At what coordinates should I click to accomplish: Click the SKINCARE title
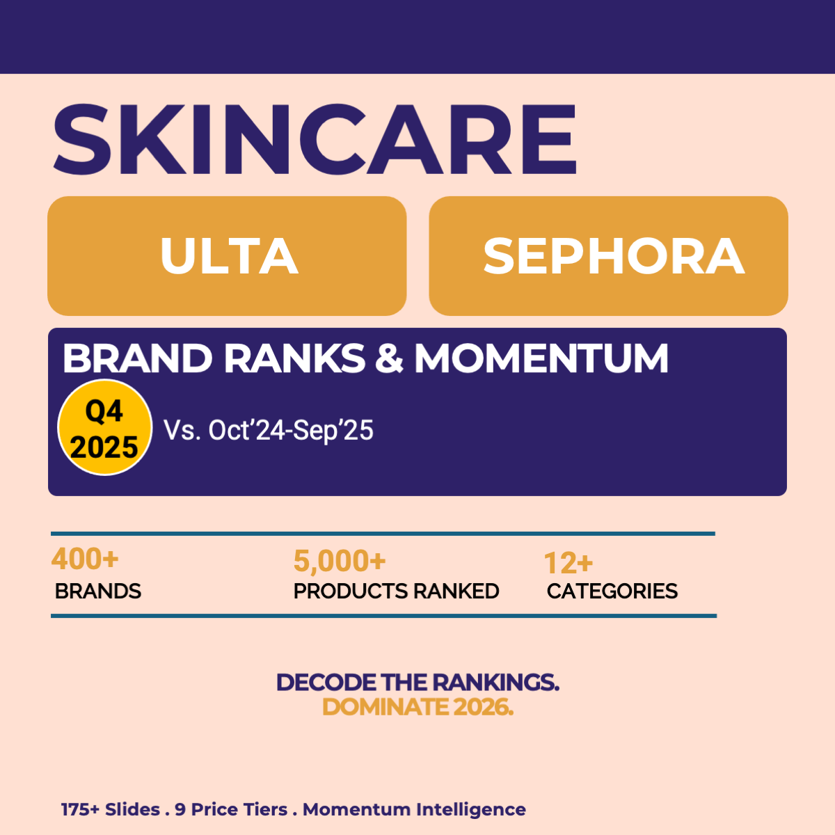[x=315, y=139]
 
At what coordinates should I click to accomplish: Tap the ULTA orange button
[x=227, y=256]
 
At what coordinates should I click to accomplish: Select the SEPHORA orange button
[x=609, y=256]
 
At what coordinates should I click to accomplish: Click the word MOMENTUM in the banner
[x=541, y=359]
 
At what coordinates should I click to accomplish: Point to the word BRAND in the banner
[x=137, y=359]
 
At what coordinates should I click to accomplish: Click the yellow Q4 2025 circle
[x=104, y=428]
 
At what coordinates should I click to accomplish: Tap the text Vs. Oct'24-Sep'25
[x=269, y=430]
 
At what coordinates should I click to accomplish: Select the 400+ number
[x=85, y=559]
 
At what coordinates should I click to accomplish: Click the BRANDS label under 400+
[x=98, y=591]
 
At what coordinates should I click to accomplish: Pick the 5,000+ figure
[x=340, y=561]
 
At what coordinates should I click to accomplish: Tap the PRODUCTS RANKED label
[x=396, y=591]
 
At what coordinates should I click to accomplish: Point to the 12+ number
[x=568, y=563]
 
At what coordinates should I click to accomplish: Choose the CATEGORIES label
[x=612, y=591]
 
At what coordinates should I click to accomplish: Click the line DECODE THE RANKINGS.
[x=417, y=683]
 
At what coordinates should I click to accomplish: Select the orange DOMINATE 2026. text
[x=417, y=707]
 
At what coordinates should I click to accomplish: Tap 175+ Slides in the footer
[x=111, y=810]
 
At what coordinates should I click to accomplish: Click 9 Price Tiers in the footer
[x=231, y=810]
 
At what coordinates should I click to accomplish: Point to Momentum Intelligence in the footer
[x=414, y=810]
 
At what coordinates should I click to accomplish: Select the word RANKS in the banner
[x=294, y=359]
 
